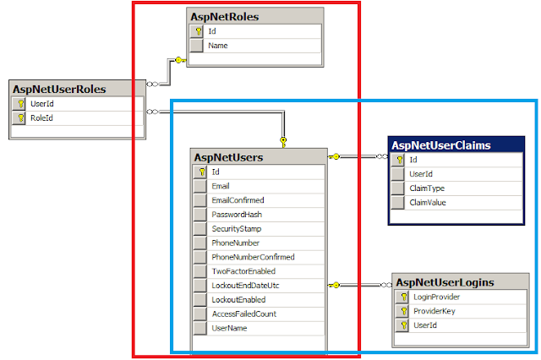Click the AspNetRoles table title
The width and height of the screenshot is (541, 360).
tap(226, 16)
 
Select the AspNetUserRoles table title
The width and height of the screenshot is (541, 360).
tap(58, 89)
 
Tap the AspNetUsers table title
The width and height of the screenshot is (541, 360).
tap(228, 157)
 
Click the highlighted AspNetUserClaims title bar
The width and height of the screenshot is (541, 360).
tap(441, 145)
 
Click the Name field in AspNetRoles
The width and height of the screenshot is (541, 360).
tap(217, 46)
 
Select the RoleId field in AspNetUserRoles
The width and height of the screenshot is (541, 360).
tap(42, 118)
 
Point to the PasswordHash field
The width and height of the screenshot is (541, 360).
tap(237, 215)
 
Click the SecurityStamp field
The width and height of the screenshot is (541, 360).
tap(237, 229)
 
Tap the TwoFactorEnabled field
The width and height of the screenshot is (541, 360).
tap(243, 271)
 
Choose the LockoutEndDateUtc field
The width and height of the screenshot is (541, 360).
tap(246, 286)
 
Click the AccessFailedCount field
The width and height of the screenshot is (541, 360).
tap(244, 314)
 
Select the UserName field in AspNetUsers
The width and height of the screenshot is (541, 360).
tap(229, 328)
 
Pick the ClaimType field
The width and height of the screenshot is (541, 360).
tap(427, 188)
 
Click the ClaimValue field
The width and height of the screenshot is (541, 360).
tap(429, 203)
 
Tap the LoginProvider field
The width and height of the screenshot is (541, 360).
tap(436, 297)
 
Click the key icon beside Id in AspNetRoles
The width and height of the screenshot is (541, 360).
tap(197, 31)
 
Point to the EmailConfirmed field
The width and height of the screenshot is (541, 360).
tap(238, 200)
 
